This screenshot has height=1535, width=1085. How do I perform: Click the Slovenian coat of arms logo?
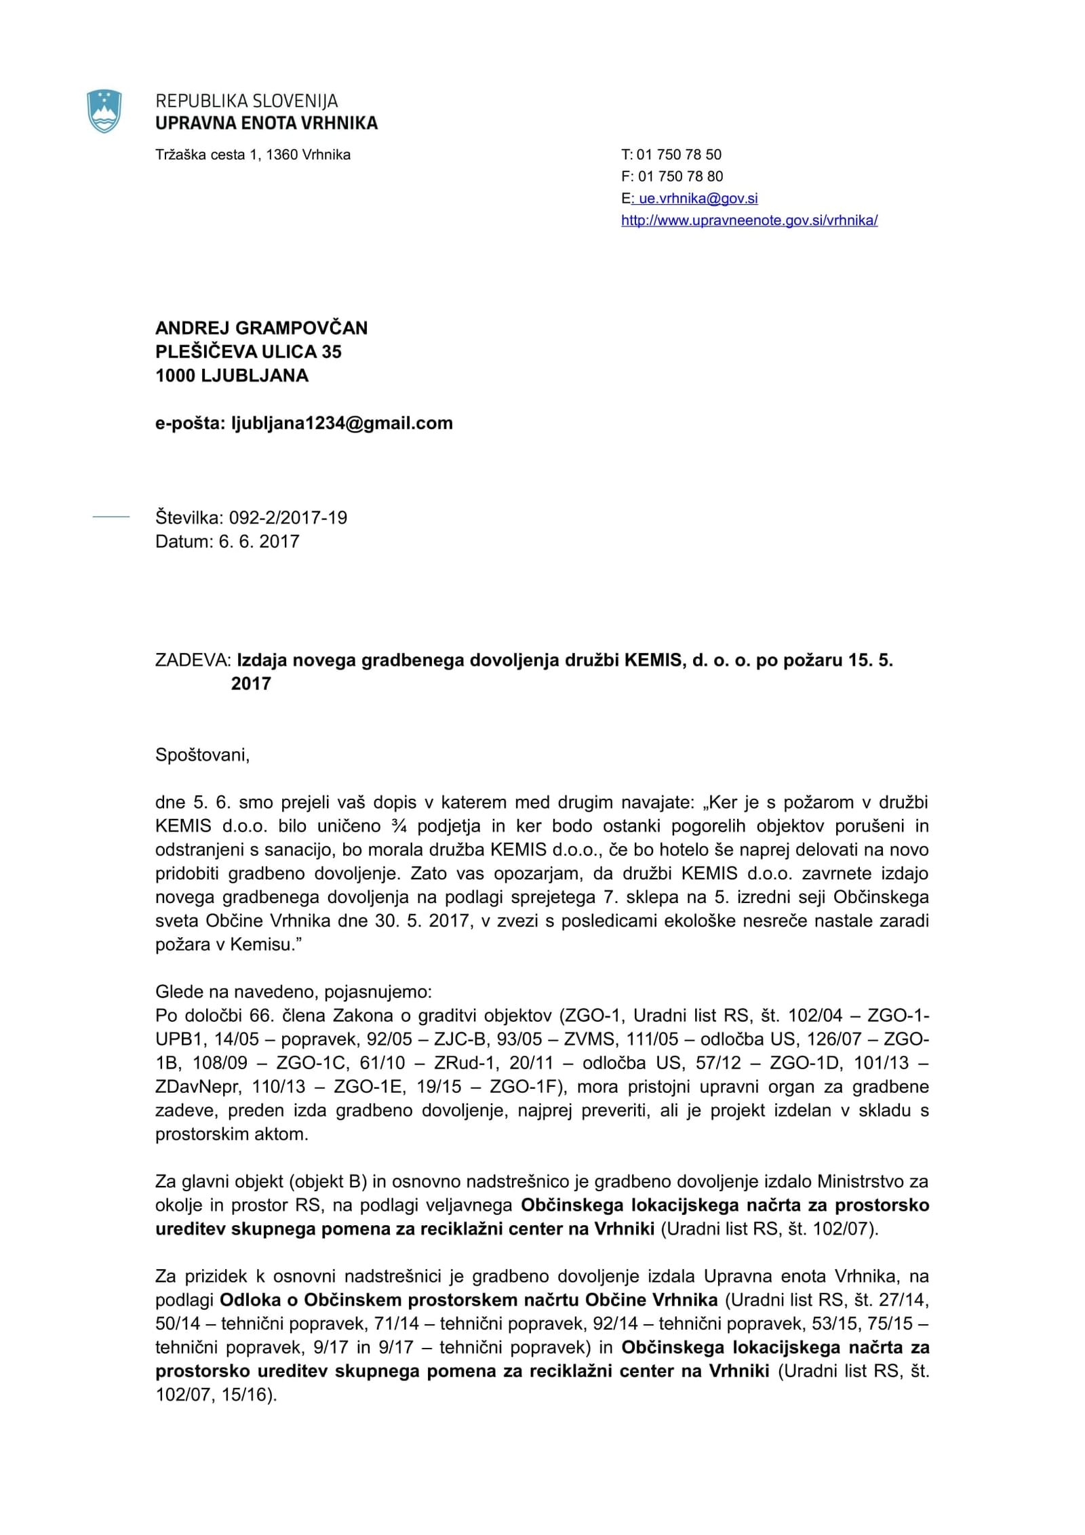click(104, 111)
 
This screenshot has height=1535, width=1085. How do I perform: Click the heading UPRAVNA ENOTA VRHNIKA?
click(267, 123)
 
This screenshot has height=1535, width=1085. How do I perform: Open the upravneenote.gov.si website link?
click(749, 220)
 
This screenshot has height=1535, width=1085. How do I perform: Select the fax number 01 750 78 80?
click(680, 176)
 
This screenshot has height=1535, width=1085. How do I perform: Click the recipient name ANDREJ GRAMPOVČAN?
click(261, 328)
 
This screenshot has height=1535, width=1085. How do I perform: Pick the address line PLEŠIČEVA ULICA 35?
click(248, 352)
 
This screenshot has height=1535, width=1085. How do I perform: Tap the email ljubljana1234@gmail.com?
click(342, 423)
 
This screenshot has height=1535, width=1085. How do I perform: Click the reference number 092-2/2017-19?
click(288, 518)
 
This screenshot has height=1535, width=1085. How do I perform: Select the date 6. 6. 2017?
click(258, 542)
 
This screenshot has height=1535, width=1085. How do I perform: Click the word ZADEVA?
click(193, 660)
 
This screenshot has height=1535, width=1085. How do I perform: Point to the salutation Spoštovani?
click(202, 755)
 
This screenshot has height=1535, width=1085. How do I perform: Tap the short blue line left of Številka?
click(111, 517)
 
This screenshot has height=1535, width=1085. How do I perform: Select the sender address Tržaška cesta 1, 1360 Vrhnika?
click(253, 155)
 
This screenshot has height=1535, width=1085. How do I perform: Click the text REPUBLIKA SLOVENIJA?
click(247, 101)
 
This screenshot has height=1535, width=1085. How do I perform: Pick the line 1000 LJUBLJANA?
click(232, 376)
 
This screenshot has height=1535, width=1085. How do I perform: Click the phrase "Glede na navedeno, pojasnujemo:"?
click(293, 992)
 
